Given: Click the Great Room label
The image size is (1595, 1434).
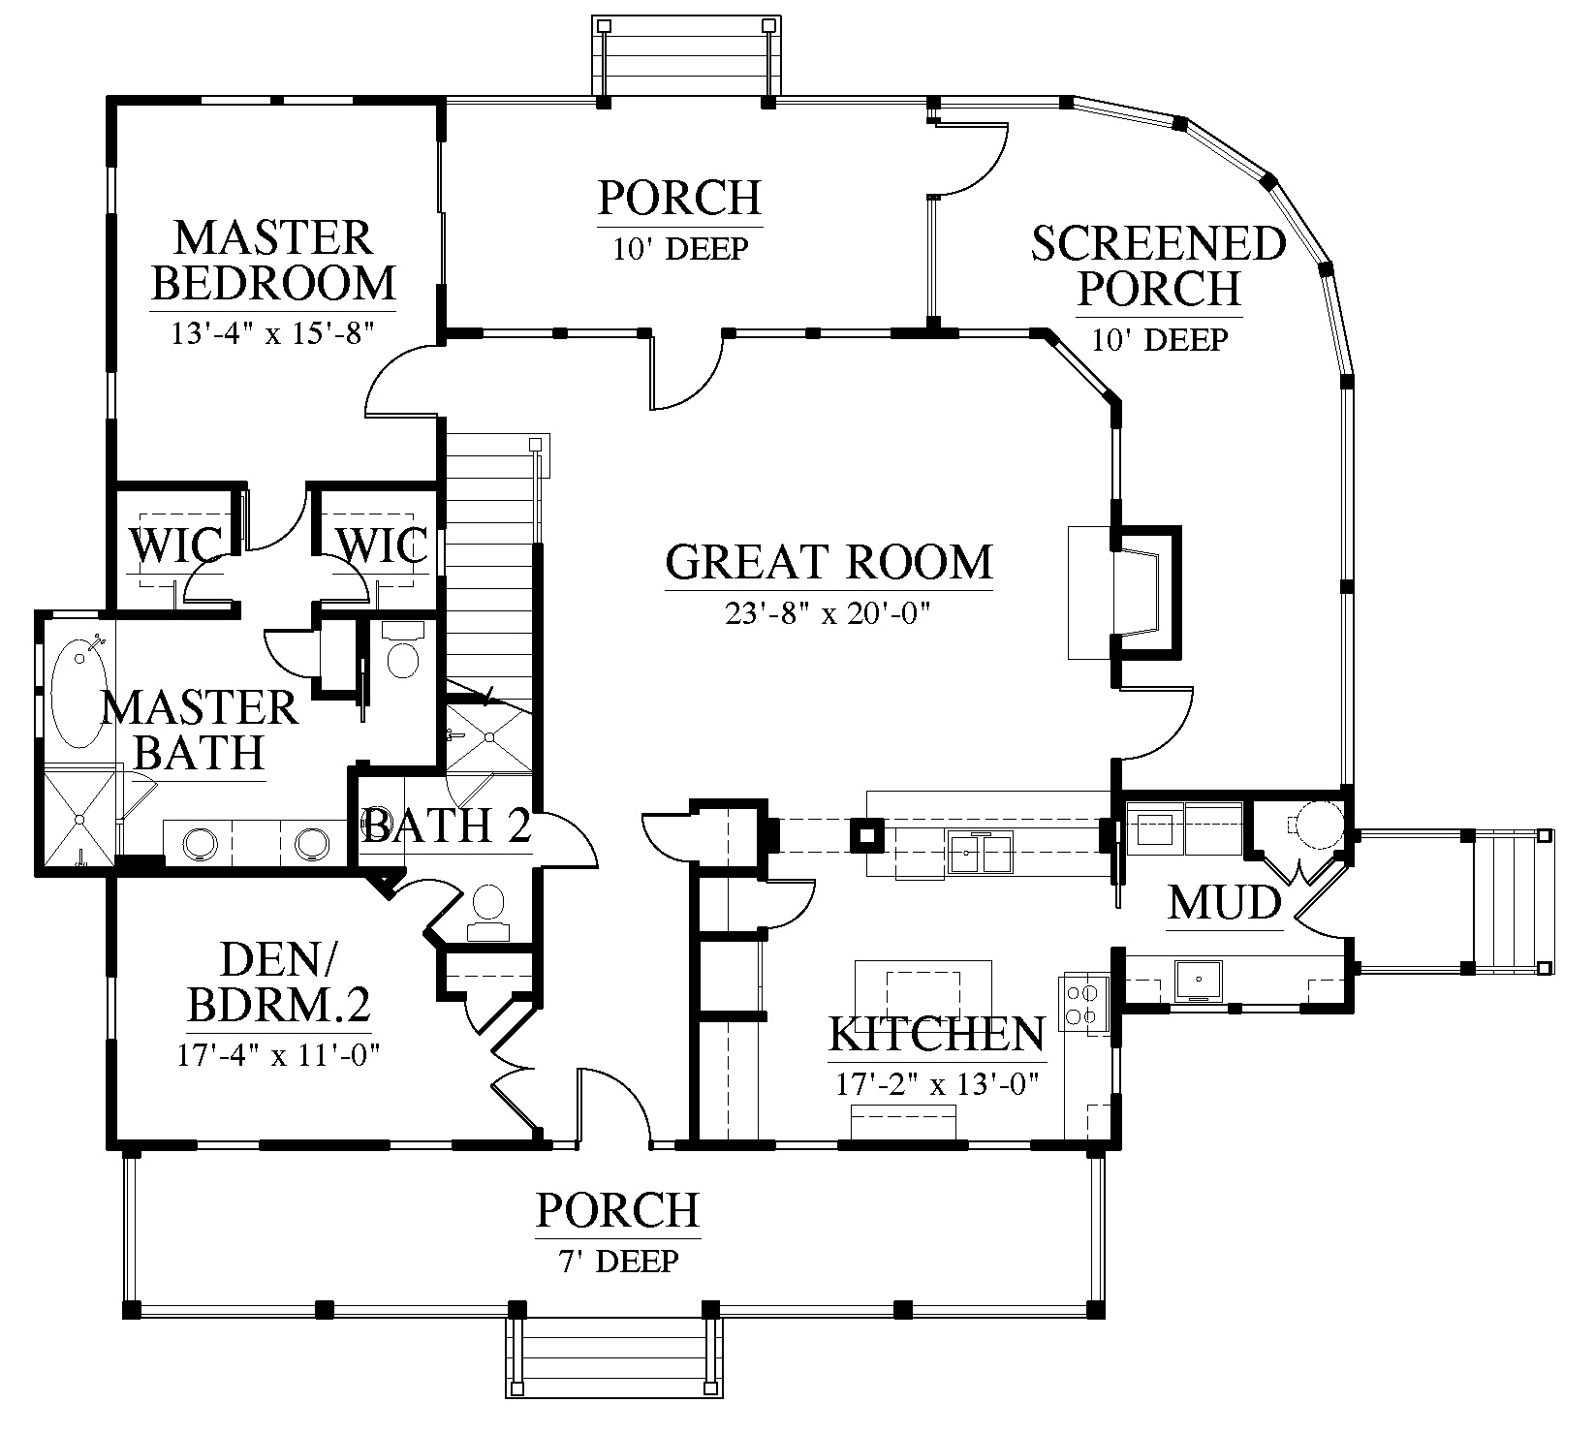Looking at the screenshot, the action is [829, 562].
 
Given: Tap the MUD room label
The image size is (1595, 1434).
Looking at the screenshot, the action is [1225, 903].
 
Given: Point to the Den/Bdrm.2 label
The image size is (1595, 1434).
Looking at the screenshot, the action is [279, 984].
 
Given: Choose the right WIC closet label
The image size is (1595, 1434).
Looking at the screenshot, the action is [381, 546].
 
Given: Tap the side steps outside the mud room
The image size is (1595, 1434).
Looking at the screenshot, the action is [1506, 900].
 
